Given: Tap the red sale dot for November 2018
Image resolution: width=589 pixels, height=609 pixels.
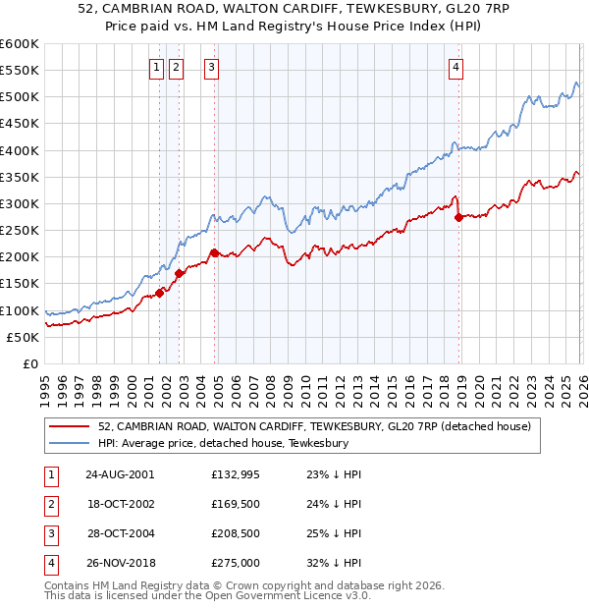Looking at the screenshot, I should coord(458,217).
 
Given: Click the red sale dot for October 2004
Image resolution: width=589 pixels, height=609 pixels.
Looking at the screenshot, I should coord(215,252).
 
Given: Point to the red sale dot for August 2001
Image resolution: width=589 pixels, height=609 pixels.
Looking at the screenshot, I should coord(160,292).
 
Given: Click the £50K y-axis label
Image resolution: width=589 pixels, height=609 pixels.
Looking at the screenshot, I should coord(23,337).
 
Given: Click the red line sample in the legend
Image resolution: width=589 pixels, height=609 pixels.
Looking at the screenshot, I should coord(70,426).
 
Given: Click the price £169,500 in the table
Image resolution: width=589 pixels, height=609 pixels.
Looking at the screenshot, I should coord(236,504).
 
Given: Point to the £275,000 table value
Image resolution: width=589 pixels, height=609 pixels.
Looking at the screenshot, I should coord(236,563).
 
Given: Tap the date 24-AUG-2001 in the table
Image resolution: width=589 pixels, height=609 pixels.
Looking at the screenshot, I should coord(120,474).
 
